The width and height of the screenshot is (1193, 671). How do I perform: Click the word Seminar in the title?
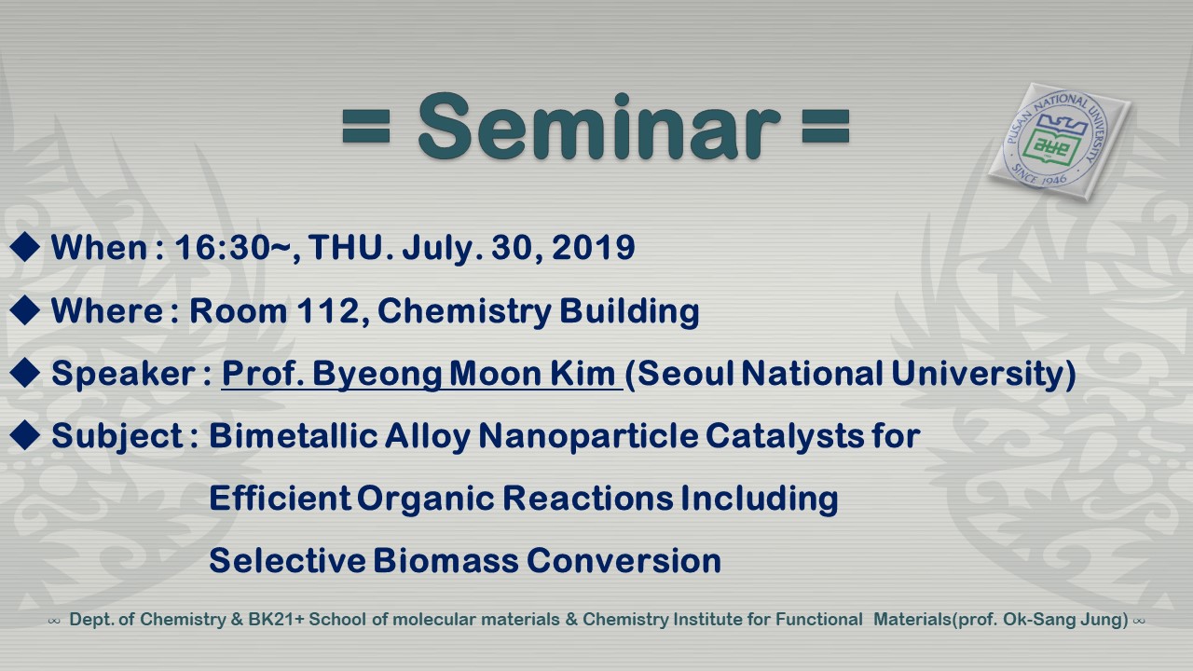point(599,127)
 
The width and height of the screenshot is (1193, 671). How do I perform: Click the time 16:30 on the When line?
point(222,248)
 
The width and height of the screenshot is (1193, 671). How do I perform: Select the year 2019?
point(594,248)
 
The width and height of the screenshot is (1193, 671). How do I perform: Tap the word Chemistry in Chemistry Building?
point(464,311)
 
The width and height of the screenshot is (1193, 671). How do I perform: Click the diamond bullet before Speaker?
point(25,373)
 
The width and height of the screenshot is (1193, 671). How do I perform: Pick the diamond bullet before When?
point(25,248)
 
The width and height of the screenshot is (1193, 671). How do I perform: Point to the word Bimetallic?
point(293,435)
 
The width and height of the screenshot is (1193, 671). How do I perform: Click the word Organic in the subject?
point(426,499)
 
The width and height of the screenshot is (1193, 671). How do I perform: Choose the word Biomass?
point(446,560)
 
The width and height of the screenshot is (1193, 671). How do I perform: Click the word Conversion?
point(624,560)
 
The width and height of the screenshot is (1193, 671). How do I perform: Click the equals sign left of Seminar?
point(366,127)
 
